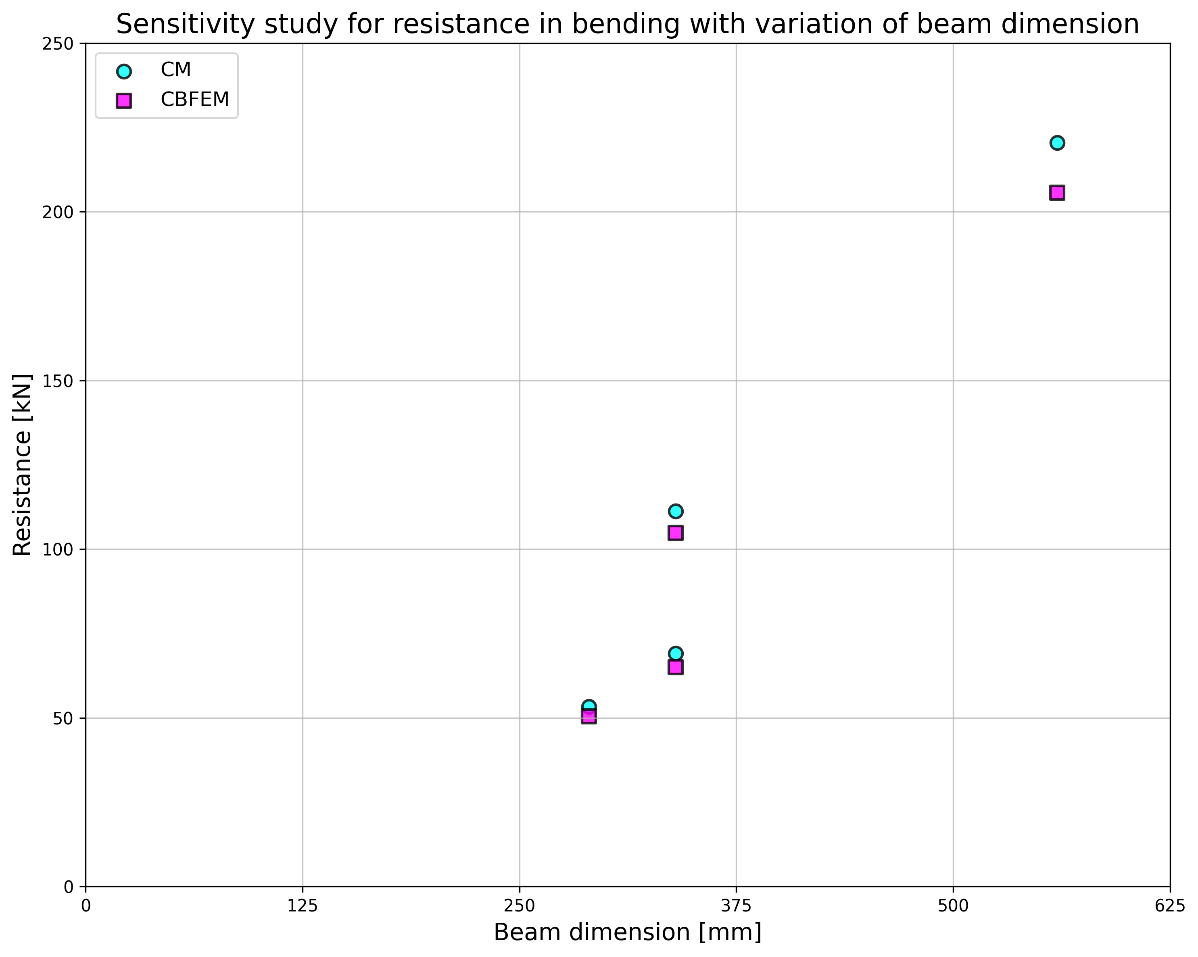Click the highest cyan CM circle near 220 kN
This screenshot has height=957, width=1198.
[x=1057, y=143]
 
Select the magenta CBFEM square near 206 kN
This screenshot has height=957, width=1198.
[x=1057, y=193]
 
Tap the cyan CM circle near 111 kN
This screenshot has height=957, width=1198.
[x=675, y=511]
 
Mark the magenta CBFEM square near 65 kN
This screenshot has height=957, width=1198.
[x=675, y=667]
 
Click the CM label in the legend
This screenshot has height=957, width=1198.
[x=175, y=70]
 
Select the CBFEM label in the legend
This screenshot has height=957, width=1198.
[x=194, y=100]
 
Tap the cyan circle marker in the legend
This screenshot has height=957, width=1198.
[x=124, y=71]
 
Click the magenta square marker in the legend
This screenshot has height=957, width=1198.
[x=124, y=100]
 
